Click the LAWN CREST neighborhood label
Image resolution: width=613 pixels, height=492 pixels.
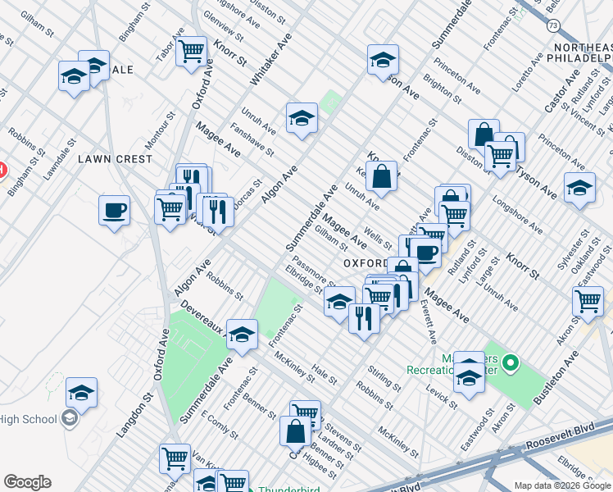pos(116,158)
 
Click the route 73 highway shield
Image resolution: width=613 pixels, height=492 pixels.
pos(552,26)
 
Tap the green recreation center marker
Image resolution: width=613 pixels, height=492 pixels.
pos(511,362)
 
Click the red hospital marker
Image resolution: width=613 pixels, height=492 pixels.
pos(2,171)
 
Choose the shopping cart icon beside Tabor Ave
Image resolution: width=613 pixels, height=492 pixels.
pos(191,51)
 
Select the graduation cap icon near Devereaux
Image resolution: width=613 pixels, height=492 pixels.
pos(242,333)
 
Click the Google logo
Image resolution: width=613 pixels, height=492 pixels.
pos(27,482)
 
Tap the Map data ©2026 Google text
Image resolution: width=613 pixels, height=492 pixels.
pos(561,485)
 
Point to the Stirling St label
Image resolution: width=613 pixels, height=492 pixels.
pos(384,378)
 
